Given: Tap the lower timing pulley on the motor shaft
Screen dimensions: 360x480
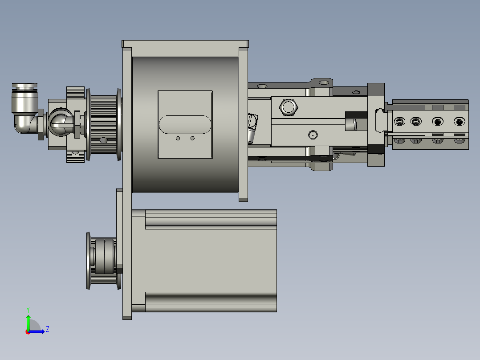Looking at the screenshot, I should pyautogui.click(x=102, y=260).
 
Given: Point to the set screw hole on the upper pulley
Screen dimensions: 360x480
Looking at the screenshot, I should pyautogui.click(x=104, y=140).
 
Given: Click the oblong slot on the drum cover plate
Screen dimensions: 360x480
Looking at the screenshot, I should pyautogui.click(x=185, y=125).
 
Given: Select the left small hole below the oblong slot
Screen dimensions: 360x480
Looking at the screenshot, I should pyautogui.click(x=178, y=139).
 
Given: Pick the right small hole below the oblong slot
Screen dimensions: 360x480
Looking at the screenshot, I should pyautogui.click(x=192, y=139).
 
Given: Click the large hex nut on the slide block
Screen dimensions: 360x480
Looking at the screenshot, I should pyautogui.click(x=288, y=107).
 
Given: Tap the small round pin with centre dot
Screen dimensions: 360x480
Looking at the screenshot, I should pyautogui.click(x=313, y=134).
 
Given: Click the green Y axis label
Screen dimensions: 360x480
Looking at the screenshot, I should pyautogui.click(x=28, y=309).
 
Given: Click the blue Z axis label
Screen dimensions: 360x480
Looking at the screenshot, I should pyautogui.click(x=47, y=329).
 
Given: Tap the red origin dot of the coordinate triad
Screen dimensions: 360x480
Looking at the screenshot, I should pyautogui.click(x=28, y=332).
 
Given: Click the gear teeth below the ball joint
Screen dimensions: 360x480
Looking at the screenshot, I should pyautogui.click(x=76, y=157).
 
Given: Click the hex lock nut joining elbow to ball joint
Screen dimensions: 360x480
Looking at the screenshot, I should pyautogui.click(x=41, y=124).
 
